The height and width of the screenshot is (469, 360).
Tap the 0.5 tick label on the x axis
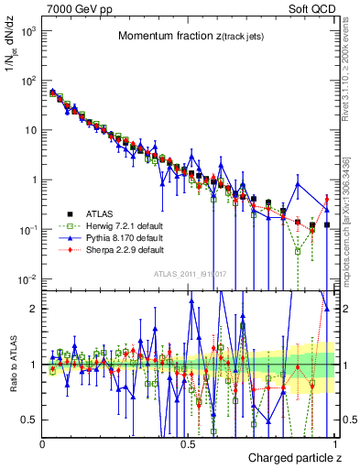188,442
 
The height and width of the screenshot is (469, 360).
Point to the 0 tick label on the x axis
42,442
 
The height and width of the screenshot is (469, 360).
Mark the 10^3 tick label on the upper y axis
29,31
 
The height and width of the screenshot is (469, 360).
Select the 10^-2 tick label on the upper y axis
29,278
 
